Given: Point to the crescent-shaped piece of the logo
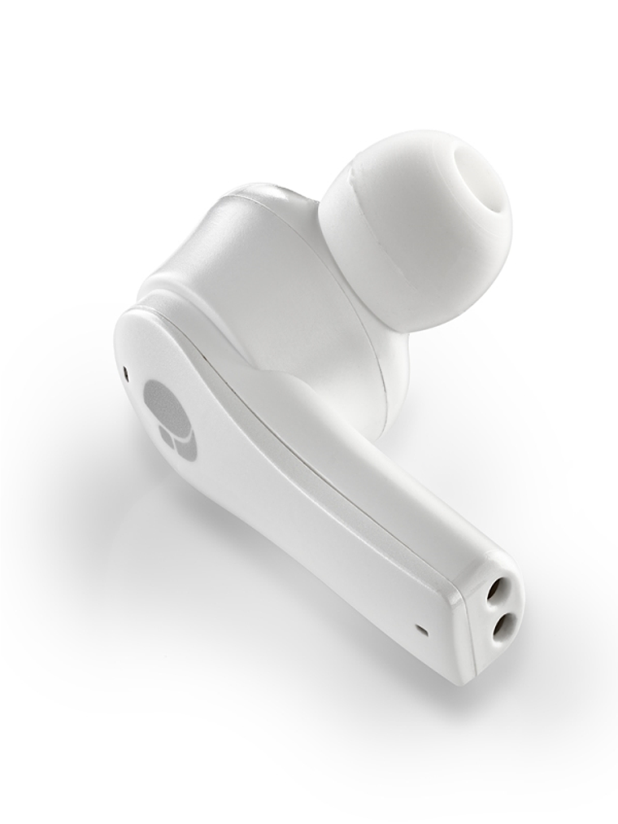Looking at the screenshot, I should coord(187,443).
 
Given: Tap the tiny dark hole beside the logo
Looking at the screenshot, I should coord(126,374).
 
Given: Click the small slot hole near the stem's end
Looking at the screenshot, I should coord(420,629).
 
